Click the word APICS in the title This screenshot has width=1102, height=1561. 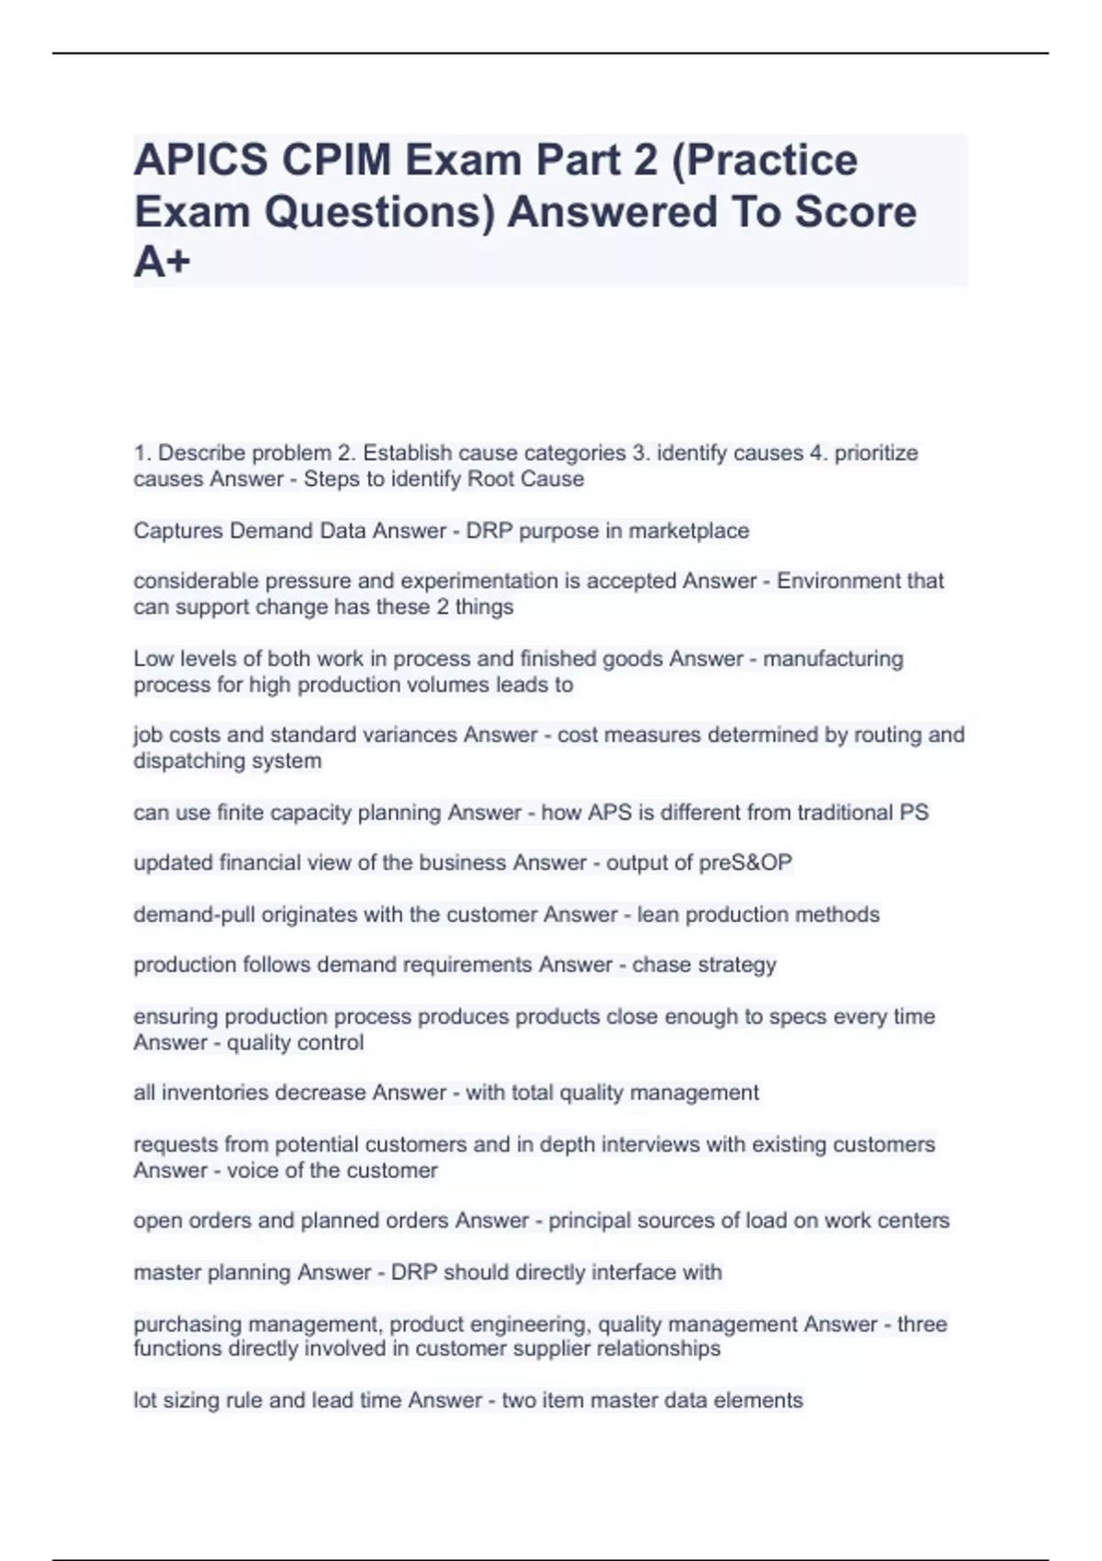[201, 161]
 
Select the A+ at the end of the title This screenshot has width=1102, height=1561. [162, 263]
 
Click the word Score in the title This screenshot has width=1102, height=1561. [854, 212]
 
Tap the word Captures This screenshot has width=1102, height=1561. [177, 531]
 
